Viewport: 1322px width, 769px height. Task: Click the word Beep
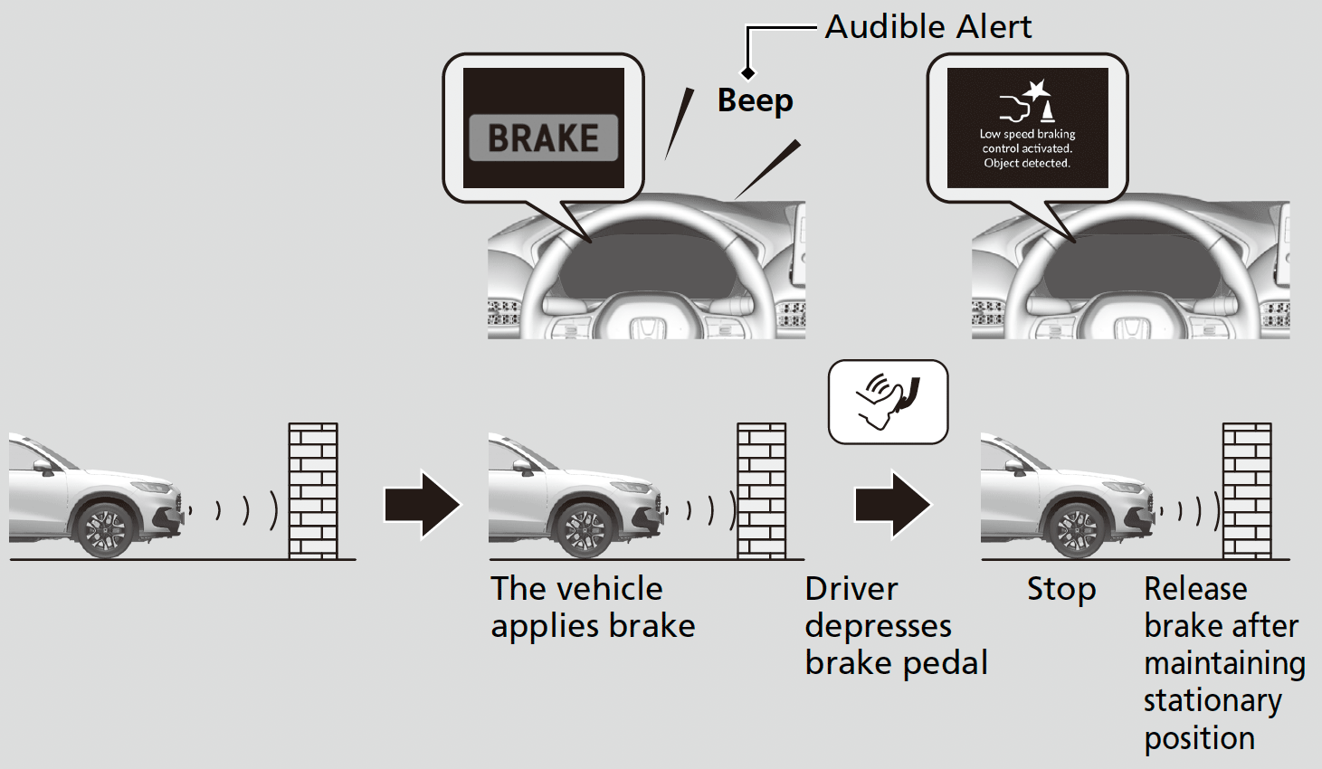755,100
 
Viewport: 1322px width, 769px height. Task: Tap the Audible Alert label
927,27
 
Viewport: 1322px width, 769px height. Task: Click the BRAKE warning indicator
543,138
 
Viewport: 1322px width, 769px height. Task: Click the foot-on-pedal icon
888,402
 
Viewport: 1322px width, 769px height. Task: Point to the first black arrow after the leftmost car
422,504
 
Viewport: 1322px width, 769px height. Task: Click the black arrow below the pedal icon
892,504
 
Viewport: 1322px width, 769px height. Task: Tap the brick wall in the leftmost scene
313,490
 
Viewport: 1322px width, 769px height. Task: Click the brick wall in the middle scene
761,490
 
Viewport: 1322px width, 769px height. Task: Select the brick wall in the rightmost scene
1247,490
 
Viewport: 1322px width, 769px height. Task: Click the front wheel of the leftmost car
106,529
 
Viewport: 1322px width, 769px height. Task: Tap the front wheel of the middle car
585,529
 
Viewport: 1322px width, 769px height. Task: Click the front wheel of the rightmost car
1076,529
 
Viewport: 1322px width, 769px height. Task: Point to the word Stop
1060,590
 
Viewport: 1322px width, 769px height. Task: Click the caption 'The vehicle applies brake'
593,607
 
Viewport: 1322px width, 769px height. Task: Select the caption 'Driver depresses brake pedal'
895,626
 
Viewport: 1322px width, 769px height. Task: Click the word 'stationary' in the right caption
1212,701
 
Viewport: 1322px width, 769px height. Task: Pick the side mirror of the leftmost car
43,466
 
